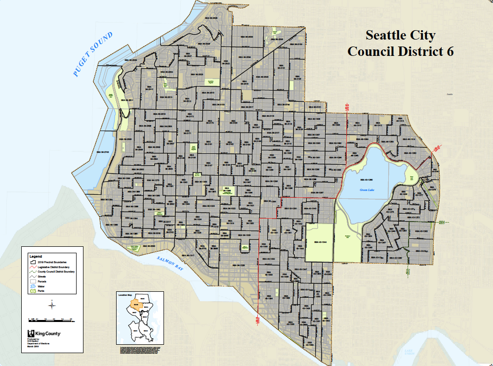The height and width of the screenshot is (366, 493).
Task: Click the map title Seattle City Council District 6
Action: point(400,44)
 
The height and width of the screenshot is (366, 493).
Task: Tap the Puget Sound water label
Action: point(93,54)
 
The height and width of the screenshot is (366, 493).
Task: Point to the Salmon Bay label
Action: point(170,263)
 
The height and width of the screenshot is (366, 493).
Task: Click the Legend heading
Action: point(36,256)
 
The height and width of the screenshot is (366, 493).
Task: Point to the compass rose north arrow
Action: point(51,305)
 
